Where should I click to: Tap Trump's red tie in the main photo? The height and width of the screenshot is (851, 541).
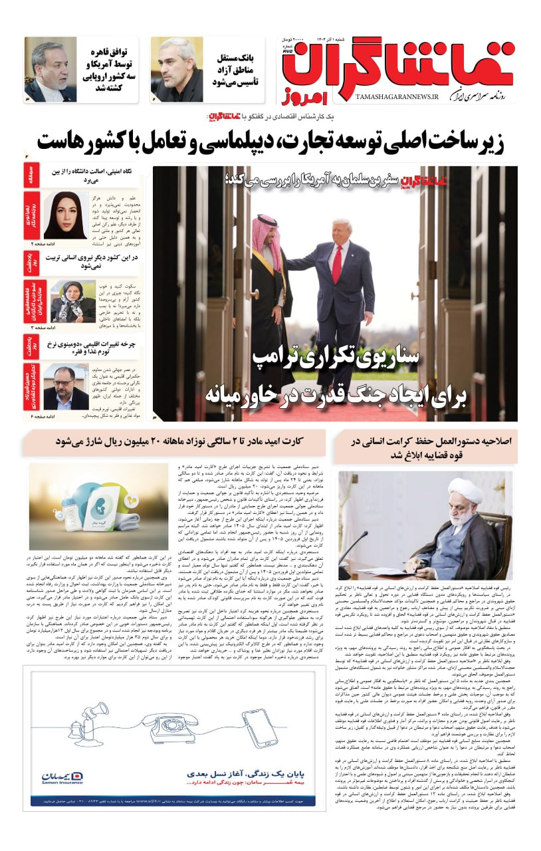337,263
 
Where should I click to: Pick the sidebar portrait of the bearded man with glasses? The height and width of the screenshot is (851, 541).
66,387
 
